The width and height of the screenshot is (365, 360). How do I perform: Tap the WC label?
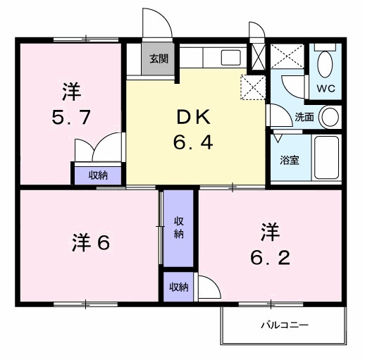(x=325, y=89)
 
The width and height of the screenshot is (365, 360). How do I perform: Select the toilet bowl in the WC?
(x=325, y=66)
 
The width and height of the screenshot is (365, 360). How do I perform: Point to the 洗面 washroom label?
(x=304, y=116)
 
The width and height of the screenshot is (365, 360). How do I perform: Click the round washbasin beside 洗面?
(x=328, y=116)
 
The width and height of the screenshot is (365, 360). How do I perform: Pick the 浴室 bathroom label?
(x=290, y=159)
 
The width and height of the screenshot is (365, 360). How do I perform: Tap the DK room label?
(x=193, y=117)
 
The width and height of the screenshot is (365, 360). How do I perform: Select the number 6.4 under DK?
(x=193, y=142)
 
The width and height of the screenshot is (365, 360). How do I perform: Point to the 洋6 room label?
(x=90, y=243)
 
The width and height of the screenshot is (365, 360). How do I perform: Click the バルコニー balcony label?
(x=285, y=325)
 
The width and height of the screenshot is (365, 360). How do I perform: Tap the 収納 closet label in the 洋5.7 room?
(x=98, y=174)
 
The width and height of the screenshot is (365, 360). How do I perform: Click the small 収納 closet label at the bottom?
(x=178, y=287)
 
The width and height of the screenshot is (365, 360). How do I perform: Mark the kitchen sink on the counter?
(x=230, y=58)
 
